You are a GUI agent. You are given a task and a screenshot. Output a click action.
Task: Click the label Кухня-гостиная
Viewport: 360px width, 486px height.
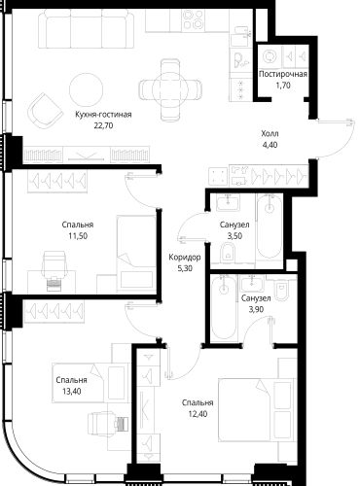(x=103, y=115)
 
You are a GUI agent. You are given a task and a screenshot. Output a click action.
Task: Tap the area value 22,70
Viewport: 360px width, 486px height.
(x=103, y=125)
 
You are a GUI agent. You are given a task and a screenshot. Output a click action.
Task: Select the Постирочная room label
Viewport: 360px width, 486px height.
(x=283, y=74)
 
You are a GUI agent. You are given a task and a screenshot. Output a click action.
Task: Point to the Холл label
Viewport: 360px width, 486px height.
(x=270, y=133)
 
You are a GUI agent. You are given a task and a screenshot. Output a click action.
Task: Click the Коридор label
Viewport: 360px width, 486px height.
(x=185, y=258)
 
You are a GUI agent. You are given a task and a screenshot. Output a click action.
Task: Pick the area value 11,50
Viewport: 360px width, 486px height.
(x=78, y=236)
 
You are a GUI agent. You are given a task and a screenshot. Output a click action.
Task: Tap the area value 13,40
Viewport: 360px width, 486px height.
(x=72, y=392)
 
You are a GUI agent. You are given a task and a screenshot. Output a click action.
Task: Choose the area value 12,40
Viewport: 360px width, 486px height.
(x=198, y=414)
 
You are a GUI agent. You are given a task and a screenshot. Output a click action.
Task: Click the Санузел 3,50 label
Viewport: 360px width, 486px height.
(x=234, y=225)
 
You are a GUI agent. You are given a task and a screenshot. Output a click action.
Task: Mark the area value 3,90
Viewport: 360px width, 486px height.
(x=256, y=309)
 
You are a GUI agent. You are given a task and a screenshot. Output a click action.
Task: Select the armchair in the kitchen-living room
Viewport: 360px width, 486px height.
(x=46, y=110)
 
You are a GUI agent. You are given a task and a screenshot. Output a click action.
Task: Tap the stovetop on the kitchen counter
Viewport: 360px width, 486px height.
(x=194, y=19)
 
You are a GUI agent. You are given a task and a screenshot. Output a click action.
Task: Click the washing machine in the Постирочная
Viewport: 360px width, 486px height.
(x=270, y=56)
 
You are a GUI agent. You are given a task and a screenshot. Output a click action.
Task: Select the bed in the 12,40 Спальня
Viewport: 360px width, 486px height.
(x=256, y=410)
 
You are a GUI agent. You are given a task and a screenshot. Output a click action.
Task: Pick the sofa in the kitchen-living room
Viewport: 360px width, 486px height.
(x=86, y=28)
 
